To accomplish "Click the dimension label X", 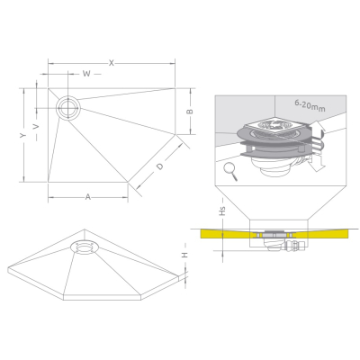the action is click(x=112, y=63).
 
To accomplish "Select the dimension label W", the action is click(x=86, y=74).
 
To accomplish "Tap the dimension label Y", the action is click(x=23, y=135).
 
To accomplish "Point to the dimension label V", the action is click(x=36, y=127).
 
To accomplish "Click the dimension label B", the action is click(x=190, y=112).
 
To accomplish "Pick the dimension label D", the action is click(x=160, y=166).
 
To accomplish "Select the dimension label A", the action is click(x=87, y=197).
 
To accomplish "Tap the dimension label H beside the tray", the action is click(x=184, y=255).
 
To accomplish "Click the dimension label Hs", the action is click(x=222, y=211).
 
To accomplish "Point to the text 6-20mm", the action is click(x=310, y=105).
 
